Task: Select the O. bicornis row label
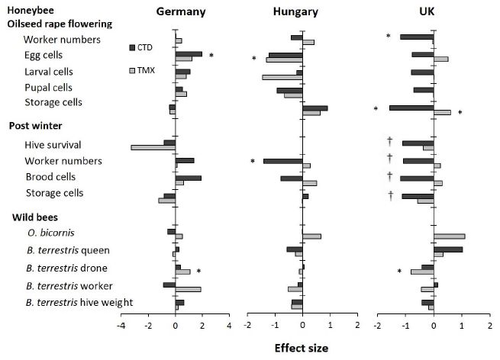point(47,232)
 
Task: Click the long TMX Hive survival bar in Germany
point(153,147)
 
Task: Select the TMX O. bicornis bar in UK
point(449,236)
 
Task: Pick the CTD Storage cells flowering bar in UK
point(411,108)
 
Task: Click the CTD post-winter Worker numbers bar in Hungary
point(282,161)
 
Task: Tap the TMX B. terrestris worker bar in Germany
point(188,289)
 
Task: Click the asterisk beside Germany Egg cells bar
point(211,56)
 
